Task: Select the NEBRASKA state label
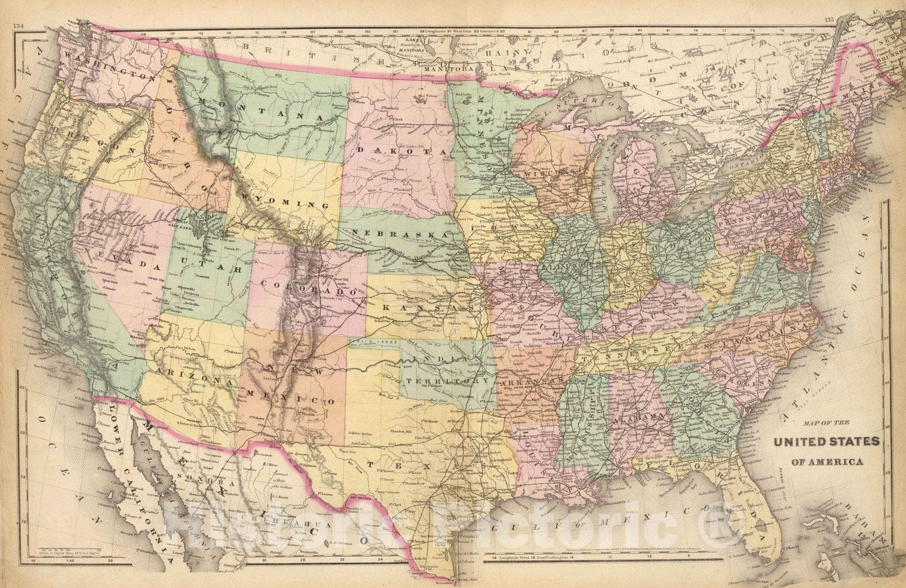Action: click(399, 233)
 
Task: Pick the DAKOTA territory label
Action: click(402, 151)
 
